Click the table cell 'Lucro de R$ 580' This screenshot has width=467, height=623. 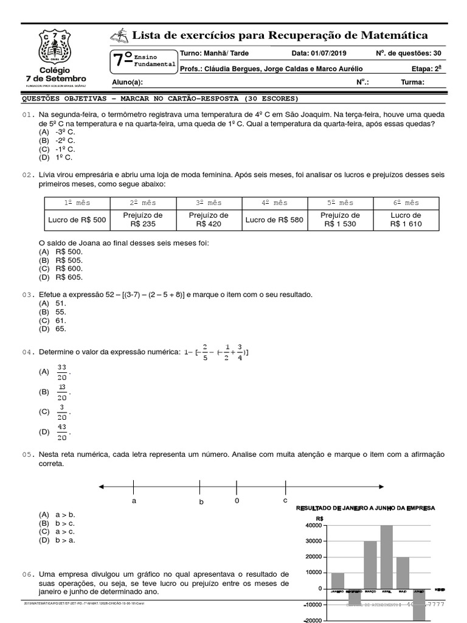point(275,220)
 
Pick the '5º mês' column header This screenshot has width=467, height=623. point(341,203)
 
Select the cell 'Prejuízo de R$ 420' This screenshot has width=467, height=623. point(209,220)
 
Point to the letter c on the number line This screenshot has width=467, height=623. point(285,500)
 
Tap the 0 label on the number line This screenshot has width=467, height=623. point(237,500)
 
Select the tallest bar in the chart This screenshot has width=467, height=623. point(386,556)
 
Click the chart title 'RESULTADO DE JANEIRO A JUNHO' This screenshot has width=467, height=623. point(365,507)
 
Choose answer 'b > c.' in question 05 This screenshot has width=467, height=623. point(65,523)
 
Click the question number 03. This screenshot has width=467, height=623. point(27,294)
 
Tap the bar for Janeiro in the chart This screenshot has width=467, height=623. point(337,580)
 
